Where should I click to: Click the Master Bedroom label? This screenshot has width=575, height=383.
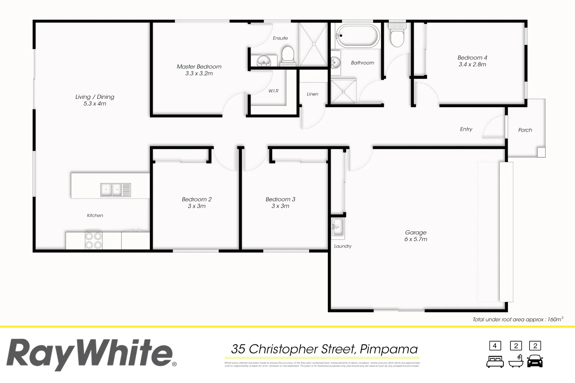199,67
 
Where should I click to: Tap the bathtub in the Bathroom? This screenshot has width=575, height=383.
357,35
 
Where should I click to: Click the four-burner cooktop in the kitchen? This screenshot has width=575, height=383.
94,240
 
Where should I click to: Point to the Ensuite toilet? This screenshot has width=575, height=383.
288,56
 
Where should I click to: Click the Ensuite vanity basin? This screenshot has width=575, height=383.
263,61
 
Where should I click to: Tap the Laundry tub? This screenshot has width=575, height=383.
338,227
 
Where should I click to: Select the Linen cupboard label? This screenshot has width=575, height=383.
312,94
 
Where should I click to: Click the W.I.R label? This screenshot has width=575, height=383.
273,91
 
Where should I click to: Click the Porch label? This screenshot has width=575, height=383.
525,130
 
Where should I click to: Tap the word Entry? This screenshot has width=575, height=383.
466,129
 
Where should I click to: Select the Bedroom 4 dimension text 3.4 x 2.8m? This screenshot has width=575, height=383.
472,65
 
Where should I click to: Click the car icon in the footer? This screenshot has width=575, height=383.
535,361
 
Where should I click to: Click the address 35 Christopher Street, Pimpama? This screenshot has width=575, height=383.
324,349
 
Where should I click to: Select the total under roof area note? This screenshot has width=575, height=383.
517,320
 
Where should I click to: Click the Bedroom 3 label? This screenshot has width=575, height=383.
280,199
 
